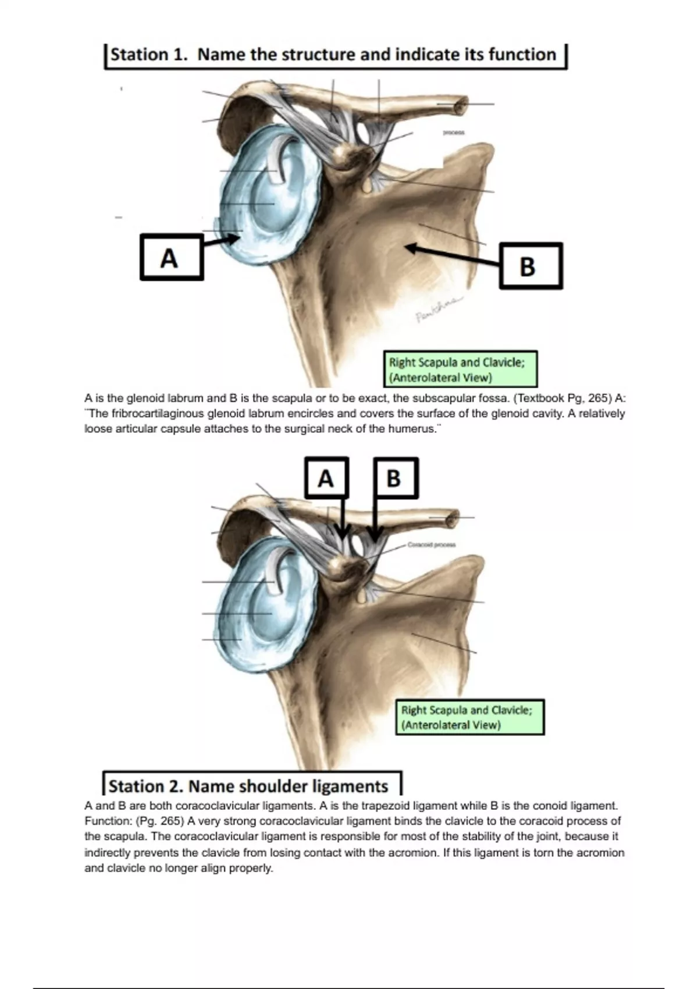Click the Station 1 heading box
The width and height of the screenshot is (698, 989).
point(335,55)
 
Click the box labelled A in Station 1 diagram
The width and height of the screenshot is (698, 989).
point(171,257)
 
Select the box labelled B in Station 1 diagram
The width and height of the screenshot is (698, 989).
point(530,266)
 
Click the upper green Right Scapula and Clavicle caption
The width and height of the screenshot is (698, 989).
point(460,369)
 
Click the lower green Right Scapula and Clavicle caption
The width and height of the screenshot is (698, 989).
point(469,717)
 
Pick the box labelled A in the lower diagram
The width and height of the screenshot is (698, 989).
point(326,478)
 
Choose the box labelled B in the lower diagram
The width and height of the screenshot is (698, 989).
point(395,478)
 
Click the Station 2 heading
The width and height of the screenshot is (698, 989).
point(250,785)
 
